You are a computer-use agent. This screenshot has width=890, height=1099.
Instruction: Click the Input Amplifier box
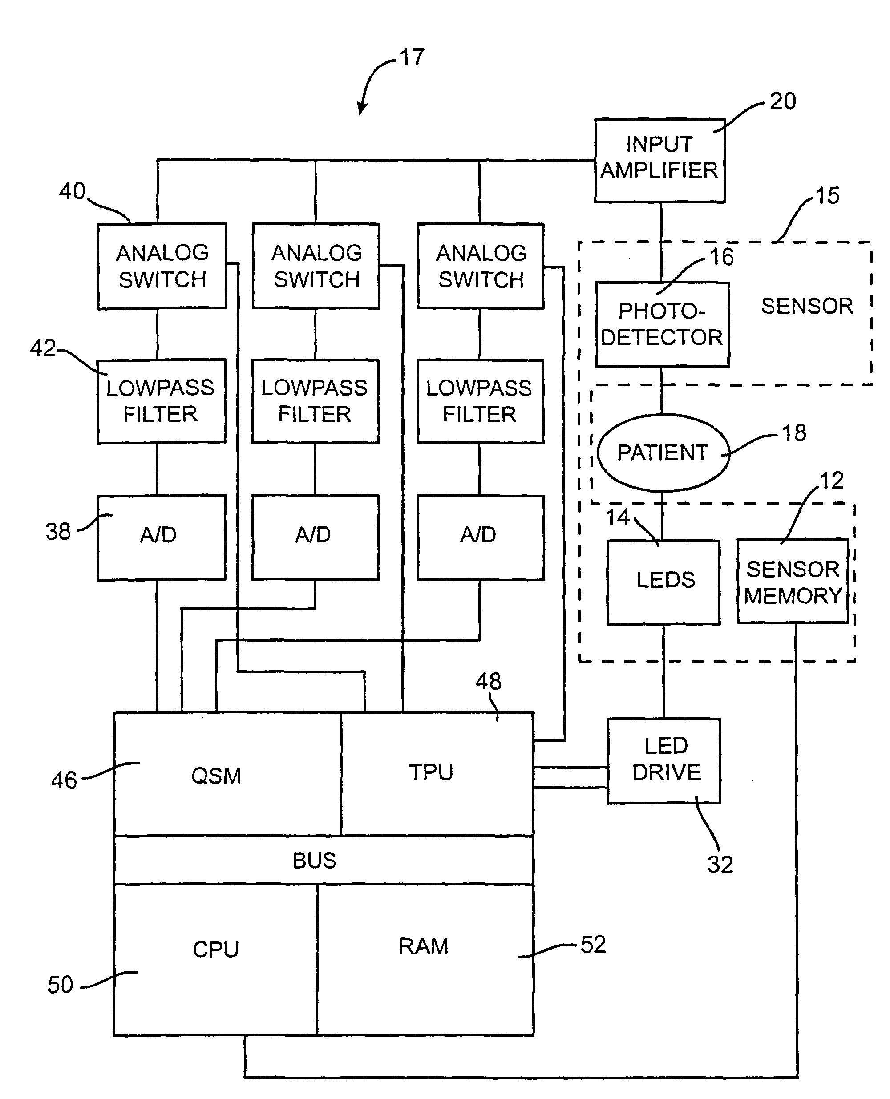pos(659,161)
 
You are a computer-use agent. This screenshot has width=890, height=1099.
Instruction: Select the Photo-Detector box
pos(662,324)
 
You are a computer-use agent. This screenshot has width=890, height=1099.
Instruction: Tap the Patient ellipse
pos(663,453)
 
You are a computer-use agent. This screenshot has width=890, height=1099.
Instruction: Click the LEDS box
pos(663,582)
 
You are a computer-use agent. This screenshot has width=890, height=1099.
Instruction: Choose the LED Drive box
pos(664,760)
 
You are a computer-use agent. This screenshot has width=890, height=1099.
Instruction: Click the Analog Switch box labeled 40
pos(162,266)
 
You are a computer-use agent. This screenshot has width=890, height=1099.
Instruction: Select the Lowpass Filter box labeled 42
pos(161,401)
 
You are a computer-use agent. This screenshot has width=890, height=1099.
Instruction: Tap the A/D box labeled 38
pos(161,537)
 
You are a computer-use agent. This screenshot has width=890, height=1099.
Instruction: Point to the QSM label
pos(216,776)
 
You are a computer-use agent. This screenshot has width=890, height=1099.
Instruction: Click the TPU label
pos(431,772)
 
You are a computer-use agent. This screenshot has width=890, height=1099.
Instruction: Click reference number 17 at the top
pos(412,57)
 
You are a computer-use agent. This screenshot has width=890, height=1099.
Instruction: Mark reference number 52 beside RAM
pos(593,944)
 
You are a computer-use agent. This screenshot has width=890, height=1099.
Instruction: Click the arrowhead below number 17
pos(361,109)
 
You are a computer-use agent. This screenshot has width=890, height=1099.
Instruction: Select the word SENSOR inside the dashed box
pos(806,306)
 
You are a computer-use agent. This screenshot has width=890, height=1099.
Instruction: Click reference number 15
pos(827,196)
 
